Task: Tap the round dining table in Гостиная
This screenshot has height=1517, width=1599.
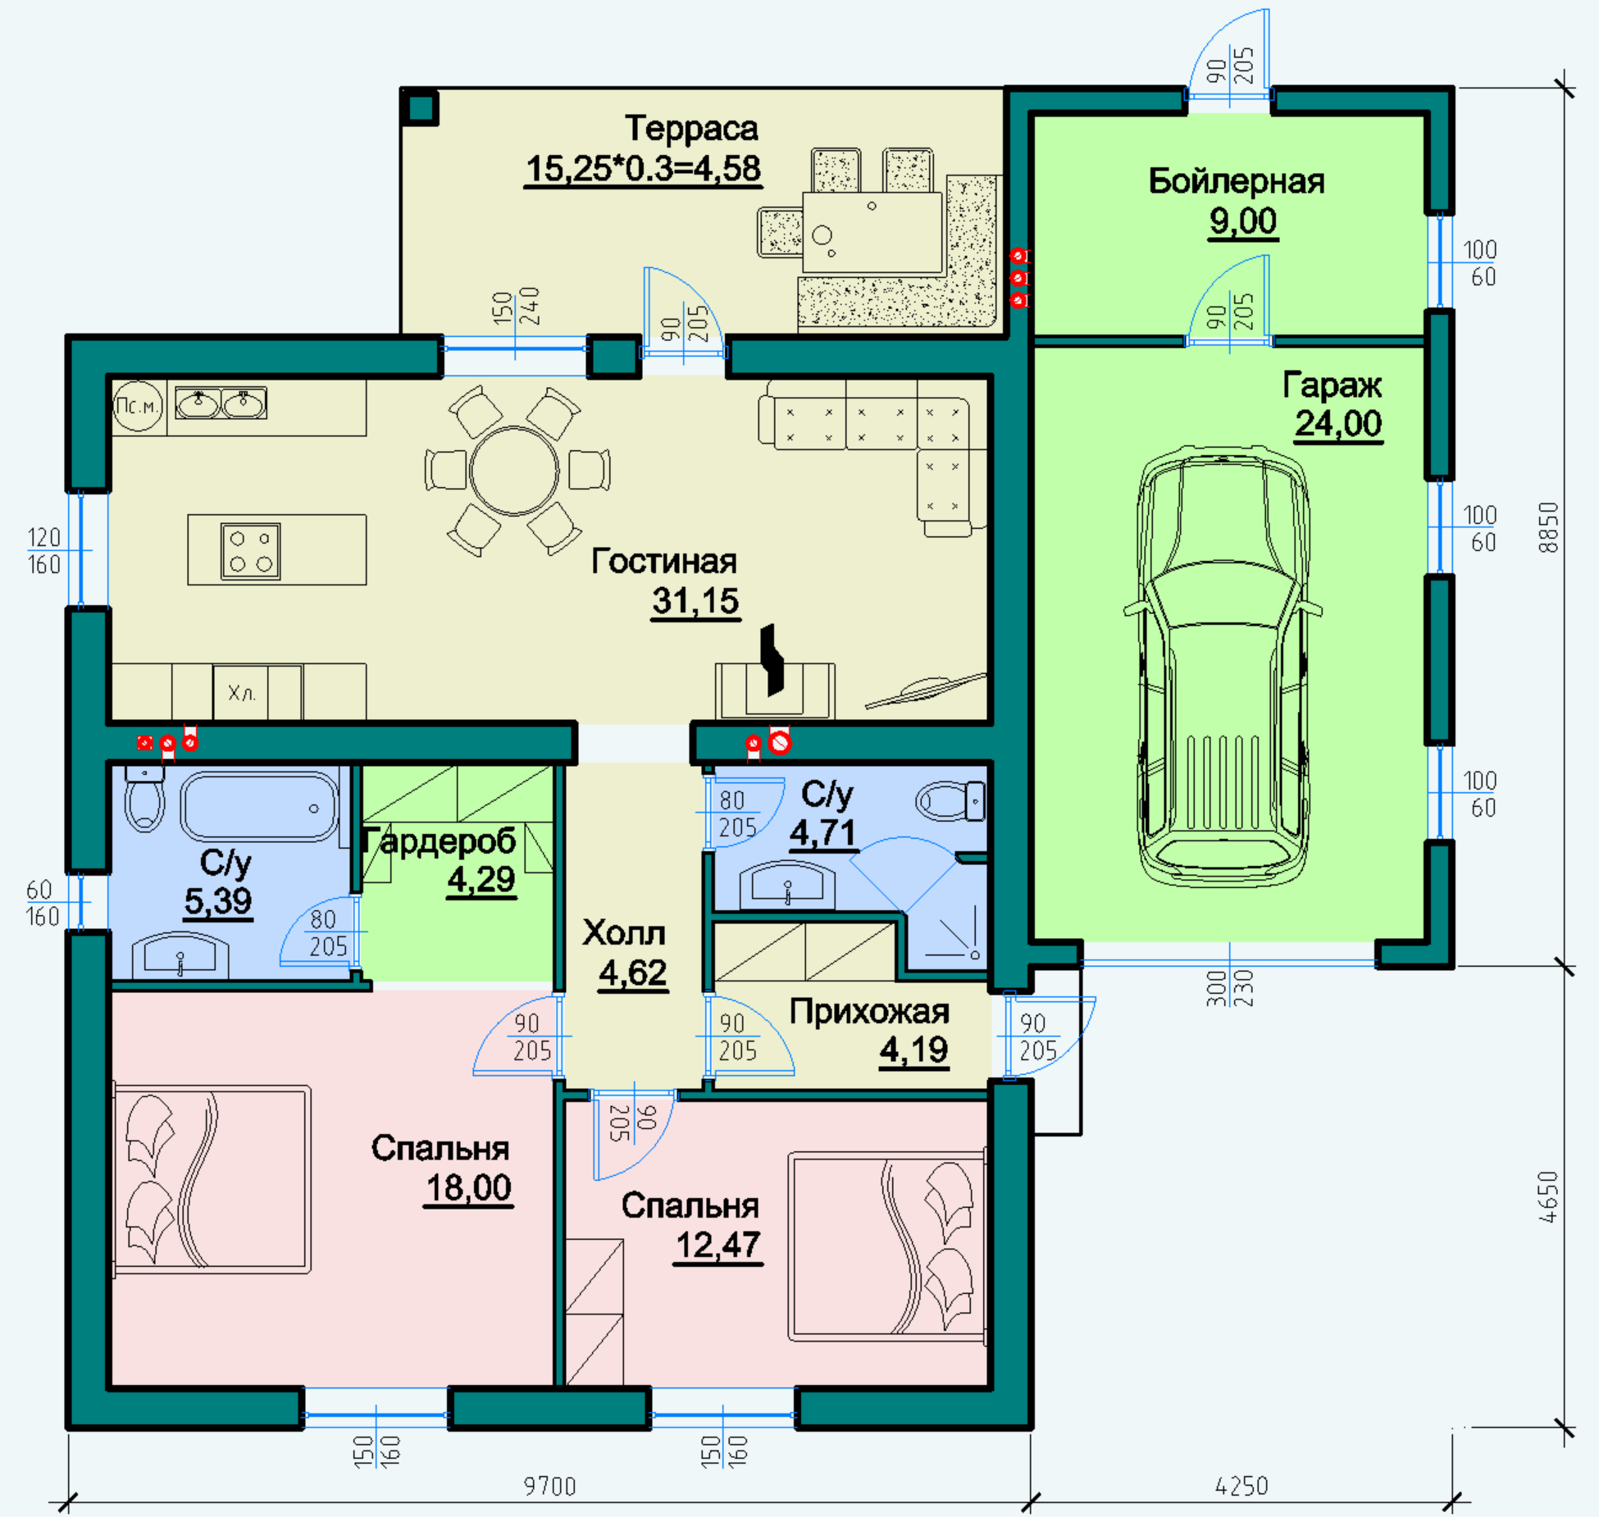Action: click(515, 471)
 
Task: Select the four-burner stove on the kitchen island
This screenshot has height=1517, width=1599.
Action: click(250, 551)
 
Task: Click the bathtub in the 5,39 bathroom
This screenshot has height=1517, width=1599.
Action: click(259, 807)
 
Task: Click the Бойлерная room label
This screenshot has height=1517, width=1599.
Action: click(1237, 181)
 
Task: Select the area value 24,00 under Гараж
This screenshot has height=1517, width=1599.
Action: click(1338, 424)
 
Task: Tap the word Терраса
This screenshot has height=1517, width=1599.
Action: click(691, 129)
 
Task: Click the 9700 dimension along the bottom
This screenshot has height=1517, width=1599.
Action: click(550, 1486)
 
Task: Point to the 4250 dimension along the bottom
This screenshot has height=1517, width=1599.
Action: click(1241, 1486)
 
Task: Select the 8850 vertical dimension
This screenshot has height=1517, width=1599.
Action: click(1548, 527)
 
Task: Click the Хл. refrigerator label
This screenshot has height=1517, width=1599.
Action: click(242, 694)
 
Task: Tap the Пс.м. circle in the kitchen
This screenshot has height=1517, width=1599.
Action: click(138, 406)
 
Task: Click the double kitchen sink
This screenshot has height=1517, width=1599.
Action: click(221, 403)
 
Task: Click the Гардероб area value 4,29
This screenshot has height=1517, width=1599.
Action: click(481, 880)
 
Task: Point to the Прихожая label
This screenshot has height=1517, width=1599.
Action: click(869, 1012)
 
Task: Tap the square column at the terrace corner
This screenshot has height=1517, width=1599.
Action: click(421, 107)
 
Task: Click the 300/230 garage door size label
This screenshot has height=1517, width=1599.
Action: click(1229, 988)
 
